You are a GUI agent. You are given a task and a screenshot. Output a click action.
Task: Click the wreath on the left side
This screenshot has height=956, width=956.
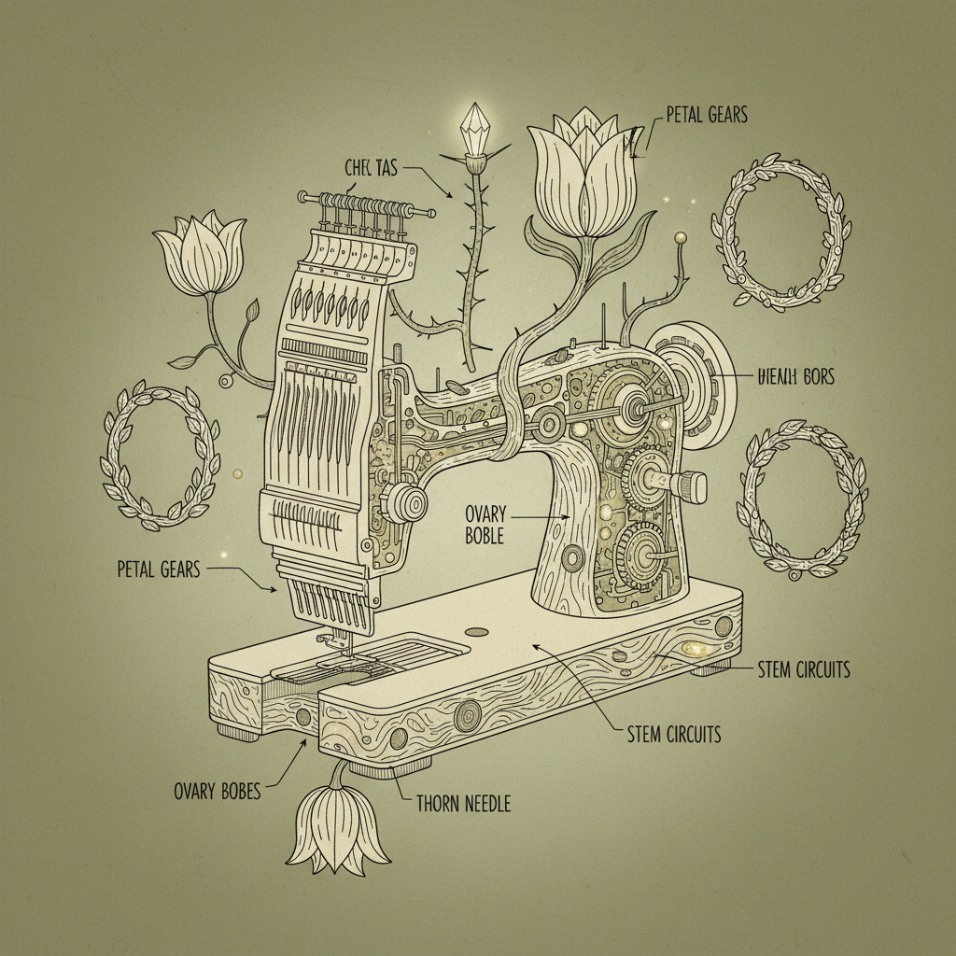coord(160,452)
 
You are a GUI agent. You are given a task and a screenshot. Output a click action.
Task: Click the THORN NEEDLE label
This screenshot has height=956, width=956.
coord(463,802)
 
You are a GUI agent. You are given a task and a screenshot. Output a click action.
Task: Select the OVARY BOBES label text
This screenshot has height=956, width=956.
coord(217,792)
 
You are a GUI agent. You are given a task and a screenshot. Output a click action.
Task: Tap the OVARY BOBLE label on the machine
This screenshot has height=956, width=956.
coord(484,525)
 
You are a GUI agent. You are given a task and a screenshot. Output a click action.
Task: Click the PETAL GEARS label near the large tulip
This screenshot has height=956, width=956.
coord(707,115)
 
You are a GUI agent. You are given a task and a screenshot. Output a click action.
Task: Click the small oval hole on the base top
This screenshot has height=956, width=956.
coord(476,632)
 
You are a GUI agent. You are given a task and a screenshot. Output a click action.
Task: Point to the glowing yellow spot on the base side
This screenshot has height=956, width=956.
coord(696,647)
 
